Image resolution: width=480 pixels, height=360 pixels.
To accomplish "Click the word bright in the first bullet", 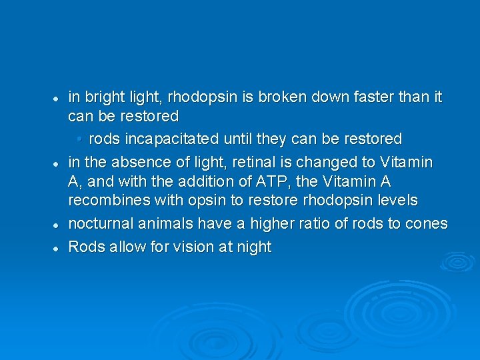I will click(101, 97).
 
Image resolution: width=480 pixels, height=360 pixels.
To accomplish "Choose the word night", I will click(253, 247).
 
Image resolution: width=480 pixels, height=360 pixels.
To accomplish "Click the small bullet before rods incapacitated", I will click(79, 139).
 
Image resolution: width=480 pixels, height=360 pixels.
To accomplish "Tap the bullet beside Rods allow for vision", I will click(58, 247).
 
